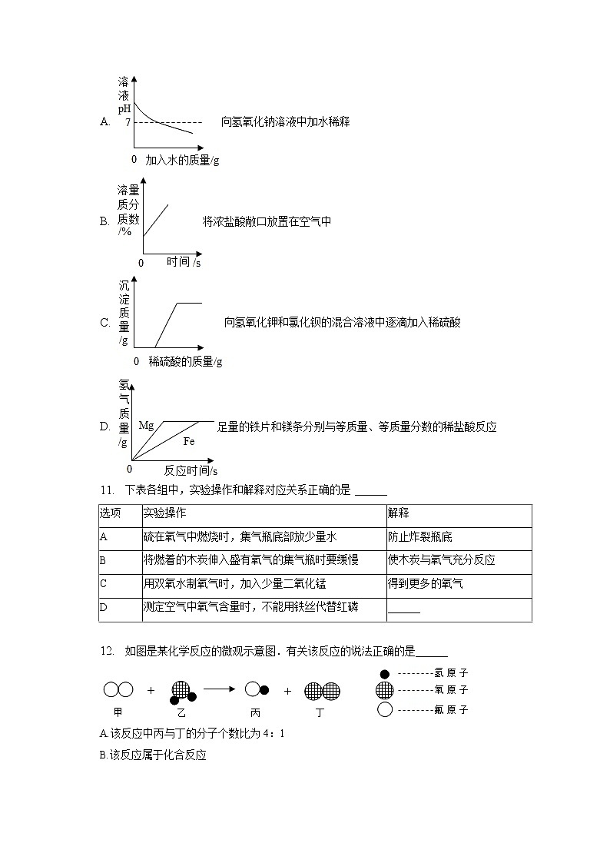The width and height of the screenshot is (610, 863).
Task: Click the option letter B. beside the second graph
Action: (104, 221)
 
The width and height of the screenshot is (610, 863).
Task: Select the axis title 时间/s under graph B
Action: (184, 262)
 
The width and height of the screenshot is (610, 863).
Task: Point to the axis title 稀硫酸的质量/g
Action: (185, 361)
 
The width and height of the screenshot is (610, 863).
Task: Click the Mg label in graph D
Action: (146, 425)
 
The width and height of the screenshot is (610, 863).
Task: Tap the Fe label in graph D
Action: (189, 442)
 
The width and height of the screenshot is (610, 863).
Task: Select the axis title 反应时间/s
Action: (191, 470)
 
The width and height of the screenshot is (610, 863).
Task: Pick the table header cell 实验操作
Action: (164, 513)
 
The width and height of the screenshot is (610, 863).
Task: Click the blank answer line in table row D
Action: (404, 610)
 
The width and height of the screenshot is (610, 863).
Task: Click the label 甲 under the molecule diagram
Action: (118, 712)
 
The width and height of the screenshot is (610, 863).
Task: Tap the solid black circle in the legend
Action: (385, 674)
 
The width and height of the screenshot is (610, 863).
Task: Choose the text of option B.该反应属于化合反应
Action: (153, 755)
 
